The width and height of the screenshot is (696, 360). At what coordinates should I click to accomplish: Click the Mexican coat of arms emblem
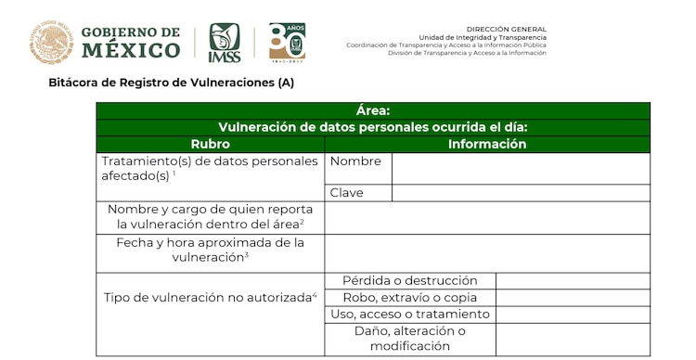(51, 43)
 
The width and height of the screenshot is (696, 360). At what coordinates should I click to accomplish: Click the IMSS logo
(225, 43)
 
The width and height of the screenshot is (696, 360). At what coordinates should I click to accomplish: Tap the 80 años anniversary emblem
(287, 42)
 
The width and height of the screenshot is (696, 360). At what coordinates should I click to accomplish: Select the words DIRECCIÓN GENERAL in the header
(506, 29)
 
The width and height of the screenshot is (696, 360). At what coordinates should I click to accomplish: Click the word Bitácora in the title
(75, 83)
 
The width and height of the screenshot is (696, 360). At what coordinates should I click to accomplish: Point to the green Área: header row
(373, 111)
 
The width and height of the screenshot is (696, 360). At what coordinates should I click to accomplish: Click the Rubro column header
(211, 145)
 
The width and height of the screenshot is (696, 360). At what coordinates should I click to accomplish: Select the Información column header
(487, 145)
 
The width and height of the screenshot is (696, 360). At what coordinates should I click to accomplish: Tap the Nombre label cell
(358, 161)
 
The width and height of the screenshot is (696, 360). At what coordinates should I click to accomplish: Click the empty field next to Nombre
(521, 168)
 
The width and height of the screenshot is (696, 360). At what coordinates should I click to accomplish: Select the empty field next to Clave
(521, 193)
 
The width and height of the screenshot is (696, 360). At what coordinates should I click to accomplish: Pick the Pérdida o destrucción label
(410, 280)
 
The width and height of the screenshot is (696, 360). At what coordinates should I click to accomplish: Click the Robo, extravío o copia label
(410, 298)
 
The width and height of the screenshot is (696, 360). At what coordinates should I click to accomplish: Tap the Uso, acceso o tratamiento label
(410, 315)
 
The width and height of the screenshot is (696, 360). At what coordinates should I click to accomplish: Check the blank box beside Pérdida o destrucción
(573, 280)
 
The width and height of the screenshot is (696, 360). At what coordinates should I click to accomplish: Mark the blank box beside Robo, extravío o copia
(573, 298)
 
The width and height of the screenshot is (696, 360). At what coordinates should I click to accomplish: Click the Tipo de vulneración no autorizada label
(211, 298)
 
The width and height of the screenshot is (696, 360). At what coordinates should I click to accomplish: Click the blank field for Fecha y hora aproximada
(487, 251)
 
